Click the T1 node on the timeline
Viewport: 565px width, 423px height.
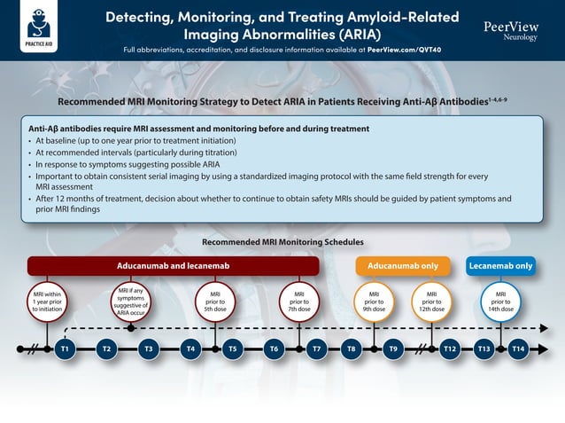65,349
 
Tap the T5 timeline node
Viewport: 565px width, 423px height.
232,349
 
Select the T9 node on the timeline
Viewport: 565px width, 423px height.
393,349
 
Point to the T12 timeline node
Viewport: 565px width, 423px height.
450,349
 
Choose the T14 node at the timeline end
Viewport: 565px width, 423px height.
518,349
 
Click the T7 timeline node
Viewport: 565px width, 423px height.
316,349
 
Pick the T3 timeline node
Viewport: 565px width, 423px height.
149,349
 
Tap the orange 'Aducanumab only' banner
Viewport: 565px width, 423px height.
403,266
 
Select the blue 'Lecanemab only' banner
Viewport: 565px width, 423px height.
500,266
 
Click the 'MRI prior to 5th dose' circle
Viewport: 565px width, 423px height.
214,302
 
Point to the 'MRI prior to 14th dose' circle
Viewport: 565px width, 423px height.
500,302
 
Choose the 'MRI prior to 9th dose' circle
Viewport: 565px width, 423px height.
374,302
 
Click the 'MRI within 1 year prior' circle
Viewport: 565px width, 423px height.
46,302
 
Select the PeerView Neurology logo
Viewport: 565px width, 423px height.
511,30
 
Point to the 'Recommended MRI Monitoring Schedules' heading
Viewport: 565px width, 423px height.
282,242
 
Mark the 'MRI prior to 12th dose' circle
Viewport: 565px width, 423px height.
431,302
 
